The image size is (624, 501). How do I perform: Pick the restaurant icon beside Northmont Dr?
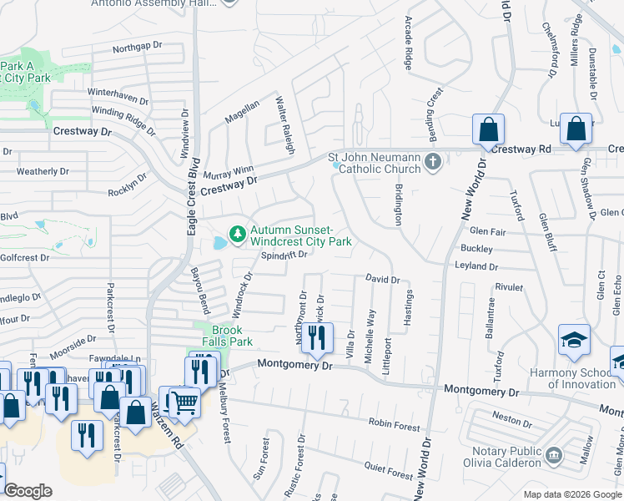tap(318, 338)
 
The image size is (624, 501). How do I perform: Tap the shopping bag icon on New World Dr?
tap(488, 129)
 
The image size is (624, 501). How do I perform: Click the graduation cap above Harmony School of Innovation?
tap(574, 340)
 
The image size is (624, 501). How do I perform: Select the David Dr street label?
tap(382, 280)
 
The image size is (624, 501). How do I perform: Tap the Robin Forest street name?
tap(395, 425)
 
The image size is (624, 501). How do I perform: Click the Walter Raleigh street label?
tap(285, 124)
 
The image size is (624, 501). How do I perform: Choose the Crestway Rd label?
tap(521, 149)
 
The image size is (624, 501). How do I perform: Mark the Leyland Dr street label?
tap(476, 267)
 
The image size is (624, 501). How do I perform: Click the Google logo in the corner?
tap(28, 491)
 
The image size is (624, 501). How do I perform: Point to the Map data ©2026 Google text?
tap(571, 493)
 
